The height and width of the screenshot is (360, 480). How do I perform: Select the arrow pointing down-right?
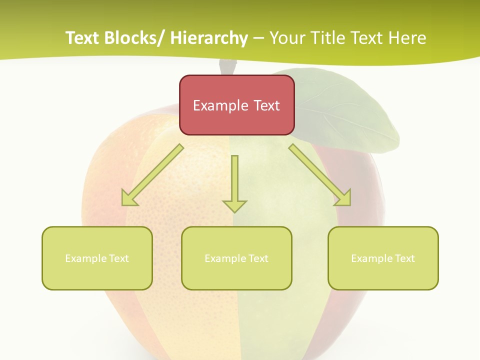320,175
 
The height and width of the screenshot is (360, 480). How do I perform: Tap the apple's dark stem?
227,67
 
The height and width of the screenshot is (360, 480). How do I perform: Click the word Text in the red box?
265,105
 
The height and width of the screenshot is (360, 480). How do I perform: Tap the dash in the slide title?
258,38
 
